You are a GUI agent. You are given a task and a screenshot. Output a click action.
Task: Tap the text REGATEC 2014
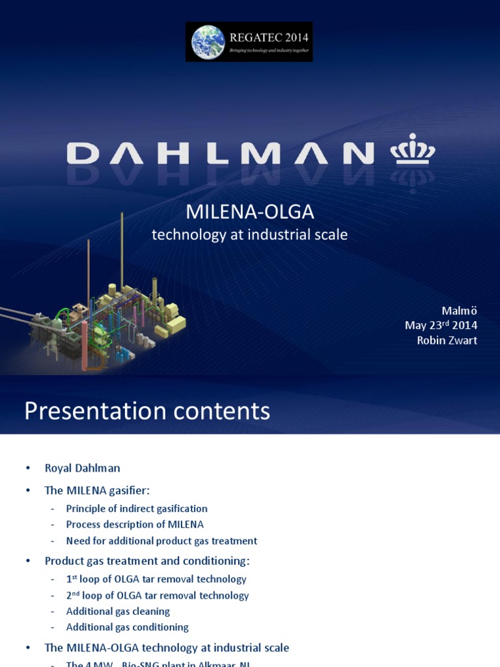tap(268, 37)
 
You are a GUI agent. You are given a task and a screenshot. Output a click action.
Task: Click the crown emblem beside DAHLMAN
tap(412, 150)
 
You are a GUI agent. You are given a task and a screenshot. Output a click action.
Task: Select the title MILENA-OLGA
tap(250, 212)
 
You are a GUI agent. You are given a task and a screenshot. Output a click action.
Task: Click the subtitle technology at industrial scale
tap(250, 234)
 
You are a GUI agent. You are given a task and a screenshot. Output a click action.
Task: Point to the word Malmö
tap(460, 311)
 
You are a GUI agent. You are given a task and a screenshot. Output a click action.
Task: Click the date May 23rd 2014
tap(441, 325)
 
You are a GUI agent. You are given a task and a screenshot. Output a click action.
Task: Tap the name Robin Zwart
tap(447, 340)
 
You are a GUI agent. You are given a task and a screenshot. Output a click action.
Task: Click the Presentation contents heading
tap(147, 411)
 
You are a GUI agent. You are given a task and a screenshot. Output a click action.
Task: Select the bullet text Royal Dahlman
tap(82, 468)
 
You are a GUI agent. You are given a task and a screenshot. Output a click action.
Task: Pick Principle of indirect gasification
tap(137, 509)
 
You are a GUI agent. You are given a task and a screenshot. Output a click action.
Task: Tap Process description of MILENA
tap(135, 524)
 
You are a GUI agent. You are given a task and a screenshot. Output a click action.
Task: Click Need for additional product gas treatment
tap(161, 541)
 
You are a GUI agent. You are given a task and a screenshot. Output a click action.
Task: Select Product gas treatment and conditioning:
tap(147, 561)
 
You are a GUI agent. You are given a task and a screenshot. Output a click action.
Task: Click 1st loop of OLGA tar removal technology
tap(156, 579)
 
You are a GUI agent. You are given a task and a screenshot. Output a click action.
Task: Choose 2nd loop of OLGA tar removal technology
tap(158, 595)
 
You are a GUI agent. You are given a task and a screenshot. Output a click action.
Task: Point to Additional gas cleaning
tap(118, 611)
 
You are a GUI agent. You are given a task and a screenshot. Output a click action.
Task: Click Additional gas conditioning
tap(127, 627)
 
